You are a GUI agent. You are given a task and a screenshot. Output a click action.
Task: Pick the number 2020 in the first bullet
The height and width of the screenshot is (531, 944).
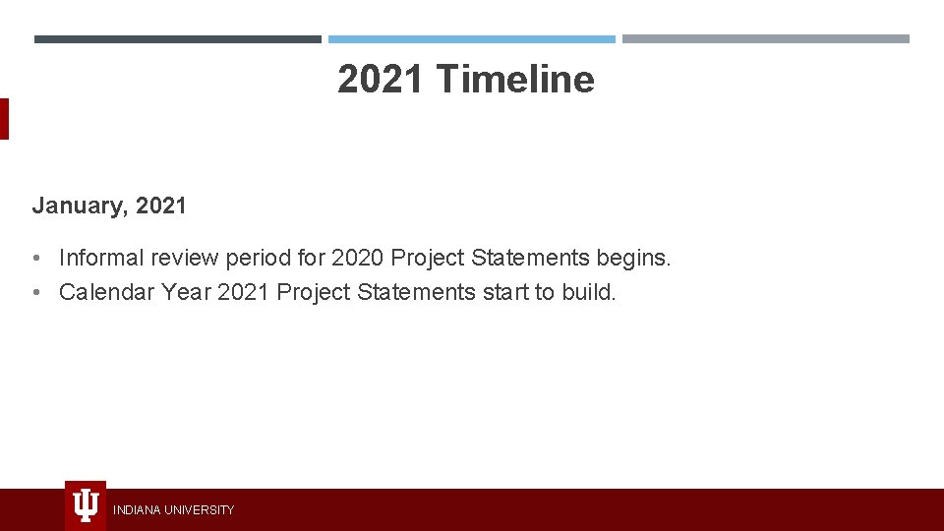(358, 258)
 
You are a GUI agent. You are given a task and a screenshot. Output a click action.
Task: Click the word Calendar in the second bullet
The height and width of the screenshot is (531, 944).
(102, 292)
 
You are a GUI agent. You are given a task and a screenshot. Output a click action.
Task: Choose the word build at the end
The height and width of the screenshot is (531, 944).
(589, 292)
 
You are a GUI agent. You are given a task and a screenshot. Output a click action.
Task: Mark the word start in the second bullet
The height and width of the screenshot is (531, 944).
(505, 292)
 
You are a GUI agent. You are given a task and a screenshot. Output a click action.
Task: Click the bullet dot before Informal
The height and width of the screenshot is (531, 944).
(35, 259)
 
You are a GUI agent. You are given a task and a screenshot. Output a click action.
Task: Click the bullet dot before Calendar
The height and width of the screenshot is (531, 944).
(35, 293)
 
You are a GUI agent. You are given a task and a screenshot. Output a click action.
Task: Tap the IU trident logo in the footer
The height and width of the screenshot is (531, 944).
(86, 505)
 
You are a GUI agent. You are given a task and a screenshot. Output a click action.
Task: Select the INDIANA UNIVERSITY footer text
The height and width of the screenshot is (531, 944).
(173, 510)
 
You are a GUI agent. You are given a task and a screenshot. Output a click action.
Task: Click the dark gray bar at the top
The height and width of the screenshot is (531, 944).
(177, 39)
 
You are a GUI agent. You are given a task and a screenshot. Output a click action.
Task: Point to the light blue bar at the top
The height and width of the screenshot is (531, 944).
(471, 39)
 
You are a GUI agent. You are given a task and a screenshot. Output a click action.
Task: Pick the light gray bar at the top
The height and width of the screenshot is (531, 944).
(765, 39)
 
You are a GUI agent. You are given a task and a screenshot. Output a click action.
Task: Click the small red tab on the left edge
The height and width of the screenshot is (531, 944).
(4, 119)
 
